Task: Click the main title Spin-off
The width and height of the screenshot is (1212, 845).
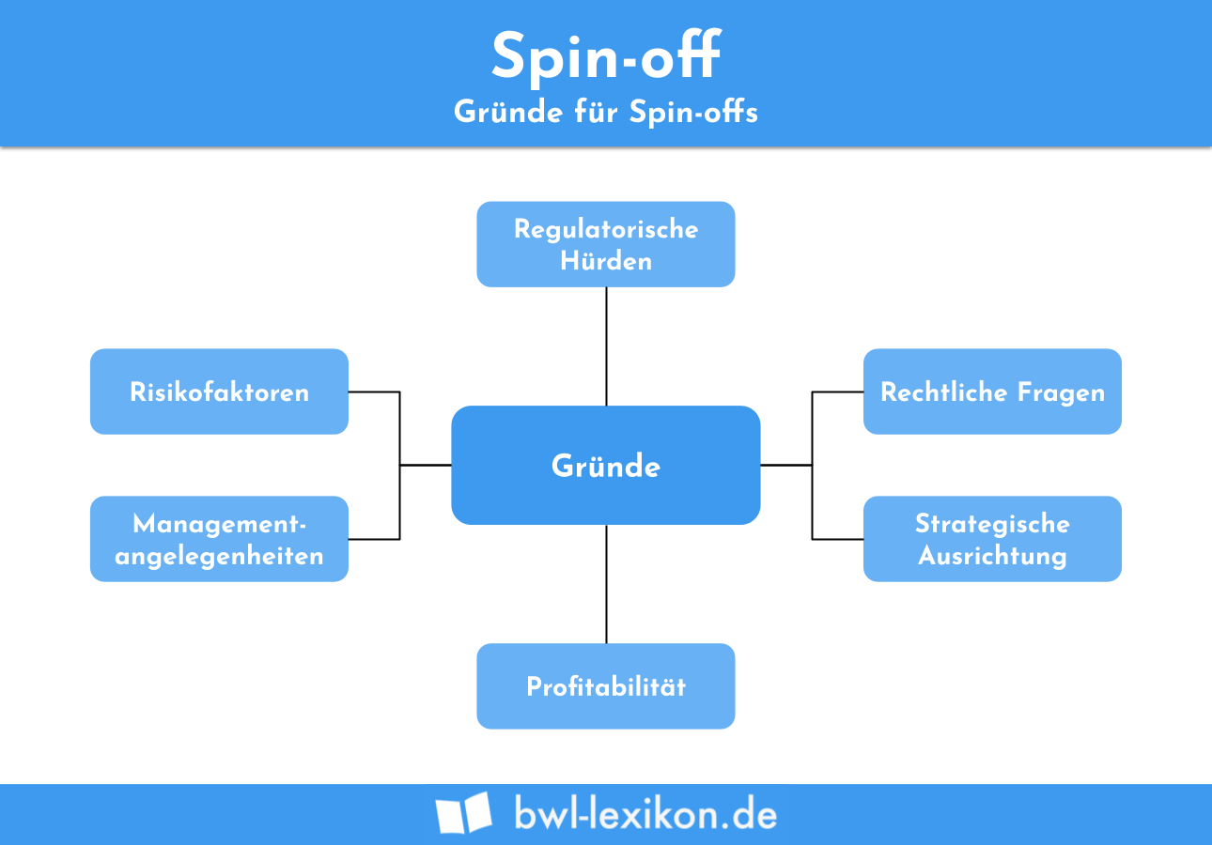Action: click(x=606, y=56)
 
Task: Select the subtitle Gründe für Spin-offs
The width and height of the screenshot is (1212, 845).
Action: click(x=606, y=112)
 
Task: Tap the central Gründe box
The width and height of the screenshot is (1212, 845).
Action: click(x=606, y=466)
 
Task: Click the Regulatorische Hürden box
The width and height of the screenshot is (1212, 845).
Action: click(x=606, y=244)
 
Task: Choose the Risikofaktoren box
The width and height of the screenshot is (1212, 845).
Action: click(x=219, y=392)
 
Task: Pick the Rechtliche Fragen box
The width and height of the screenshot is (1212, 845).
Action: click(x=992, y=392)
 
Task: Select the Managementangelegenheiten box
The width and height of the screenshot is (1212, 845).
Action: click(x=219, y=539)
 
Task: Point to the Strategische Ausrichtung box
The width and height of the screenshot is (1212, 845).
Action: click(x=992, y=539)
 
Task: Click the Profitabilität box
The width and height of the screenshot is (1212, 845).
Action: click(x=606, y=686)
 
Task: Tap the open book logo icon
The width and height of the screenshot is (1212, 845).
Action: click(x=463, y=813)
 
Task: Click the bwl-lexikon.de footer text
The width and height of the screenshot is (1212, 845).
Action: click(x=645, y=813)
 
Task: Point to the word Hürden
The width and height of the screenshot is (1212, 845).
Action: click(x=606, y=260)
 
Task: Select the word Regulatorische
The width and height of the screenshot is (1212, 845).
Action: click(x=606, y=229)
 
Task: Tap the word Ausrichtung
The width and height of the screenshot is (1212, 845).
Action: click(x=992, y=555)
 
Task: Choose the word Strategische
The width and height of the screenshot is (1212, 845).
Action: click(x=992, y=523)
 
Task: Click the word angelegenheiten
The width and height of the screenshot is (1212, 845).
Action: click(x=219, y=555)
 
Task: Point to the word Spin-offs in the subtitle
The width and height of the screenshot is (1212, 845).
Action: click(x=693, y=112)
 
